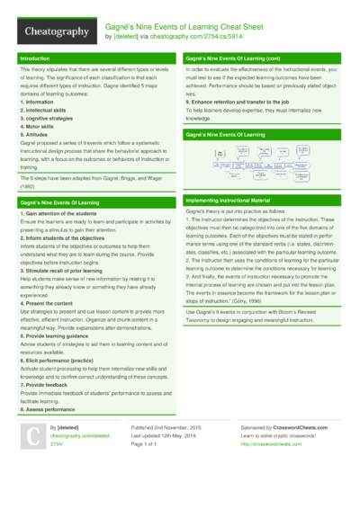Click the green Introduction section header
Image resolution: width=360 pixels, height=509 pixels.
click(x=35, y=58)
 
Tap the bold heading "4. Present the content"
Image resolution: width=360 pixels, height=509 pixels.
click(x=47, y=304)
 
